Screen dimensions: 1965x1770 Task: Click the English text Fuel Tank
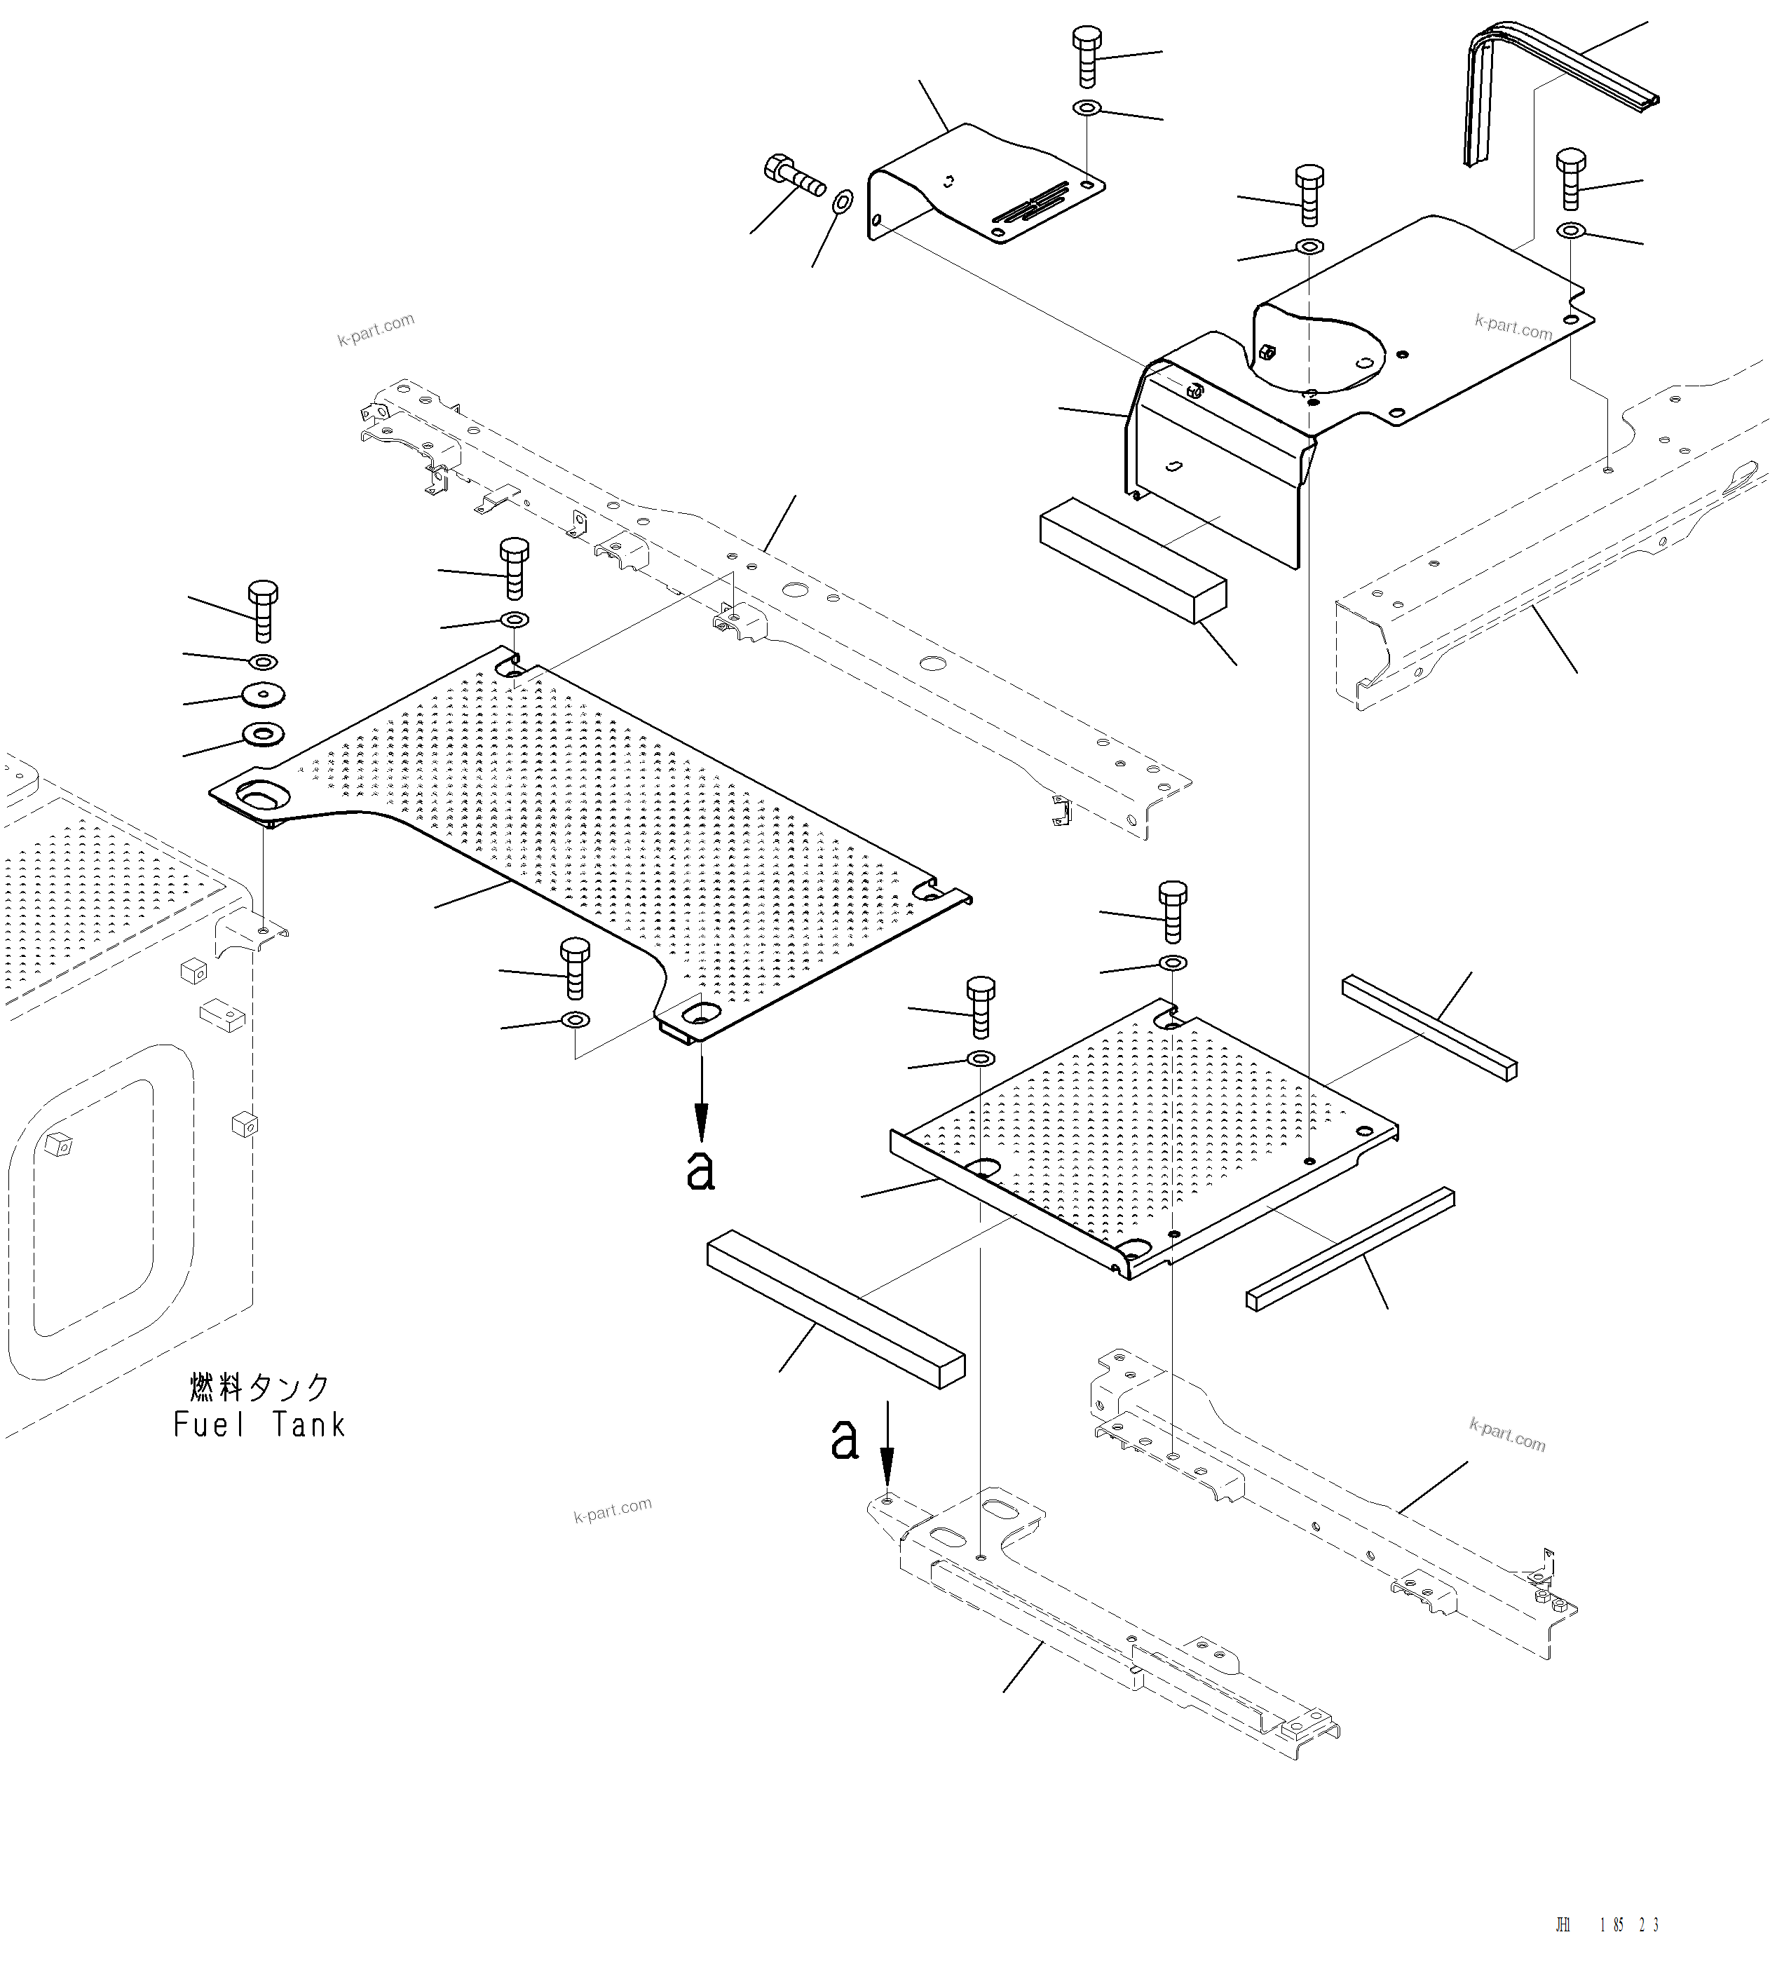259,1425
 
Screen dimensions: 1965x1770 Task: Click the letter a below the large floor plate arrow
700,1170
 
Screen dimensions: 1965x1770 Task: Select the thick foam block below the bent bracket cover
1132,559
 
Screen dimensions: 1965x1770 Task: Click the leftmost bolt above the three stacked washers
263,610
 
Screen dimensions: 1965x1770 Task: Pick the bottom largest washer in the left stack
263,733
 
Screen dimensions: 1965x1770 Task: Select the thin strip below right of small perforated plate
1350,1248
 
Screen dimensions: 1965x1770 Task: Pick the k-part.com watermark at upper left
376,329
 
